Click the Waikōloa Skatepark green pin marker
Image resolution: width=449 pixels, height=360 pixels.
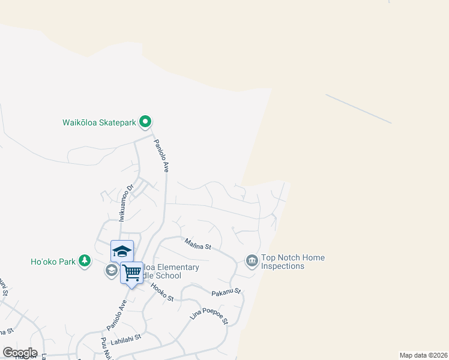[145, 122]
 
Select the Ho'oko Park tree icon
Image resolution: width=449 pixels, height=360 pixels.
[86, 260]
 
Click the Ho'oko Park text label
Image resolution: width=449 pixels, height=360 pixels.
[53, 262]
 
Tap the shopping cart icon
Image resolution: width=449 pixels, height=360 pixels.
[132, 273]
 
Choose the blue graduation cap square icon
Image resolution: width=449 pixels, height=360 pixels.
[122, 251]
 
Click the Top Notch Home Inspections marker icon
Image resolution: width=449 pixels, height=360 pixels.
[252, 260]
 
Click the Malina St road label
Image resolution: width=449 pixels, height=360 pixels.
[198, 244]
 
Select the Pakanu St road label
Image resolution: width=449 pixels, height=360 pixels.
[226, 292]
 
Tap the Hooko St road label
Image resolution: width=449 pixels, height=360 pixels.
[161, 293]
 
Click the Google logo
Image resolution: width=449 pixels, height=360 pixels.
[19, 353]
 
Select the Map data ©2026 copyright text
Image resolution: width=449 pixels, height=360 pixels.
[423, 355]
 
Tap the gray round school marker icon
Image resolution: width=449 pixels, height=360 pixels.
[111, 271]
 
